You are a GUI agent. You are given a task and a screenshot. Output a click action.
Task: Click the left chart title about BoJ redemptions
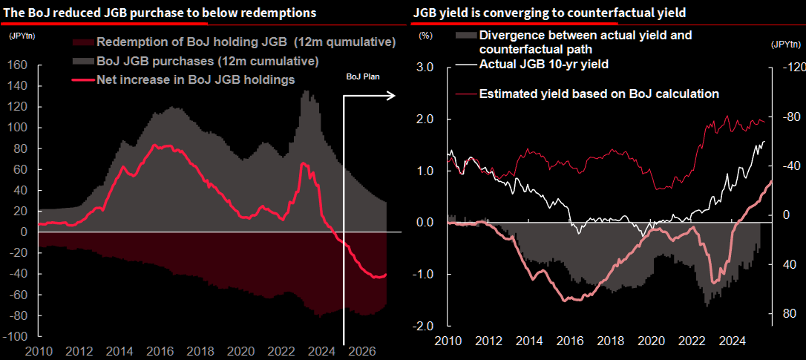(160, 13)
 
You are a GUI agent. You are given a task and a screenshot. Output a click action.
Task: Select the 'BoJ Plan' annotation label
(363, 76)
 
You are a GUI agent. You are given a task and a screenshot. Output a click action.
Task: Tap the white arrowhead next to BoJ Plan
(392, 95)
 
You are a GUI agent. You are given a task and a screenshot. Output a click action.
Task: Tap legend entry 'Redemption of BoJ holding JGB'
(245, 42)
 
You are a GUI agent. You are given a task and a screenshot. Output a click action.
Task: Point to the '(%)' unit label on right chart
(425, 35)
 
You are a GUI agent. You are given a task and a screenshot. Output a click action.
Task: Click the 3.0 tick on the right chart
(424, 68)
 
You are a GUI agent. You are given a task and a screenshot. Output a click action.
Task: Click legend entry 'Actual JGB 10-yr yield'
(544, 65)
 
